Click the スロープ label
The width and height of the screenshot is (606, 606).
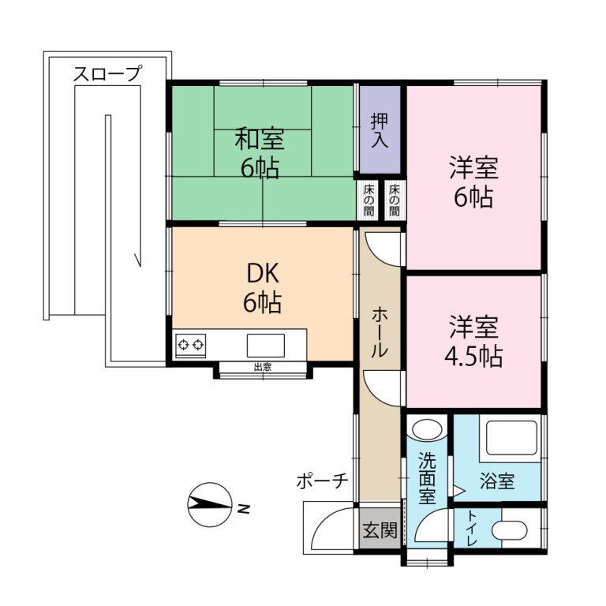coord(107,74)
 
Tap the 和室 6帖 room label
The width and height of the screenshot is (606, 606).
coord(260,153)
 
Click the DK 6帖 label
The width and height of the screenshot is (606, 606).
coord(260,287)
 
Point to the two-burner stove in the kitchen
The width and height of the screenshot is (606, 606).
coord(190,345)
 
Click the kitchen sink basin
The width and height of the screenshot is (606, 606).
coord(265,346)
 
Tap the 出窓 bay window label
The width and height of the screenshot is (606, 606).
coord(263,367)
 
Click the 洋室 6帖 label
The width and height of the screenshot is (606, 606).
coord(473,182)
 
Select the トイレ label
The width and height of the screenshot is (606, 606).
coord(472,529)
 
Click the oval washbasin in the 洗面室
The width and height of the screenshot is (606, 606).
coord(428,431)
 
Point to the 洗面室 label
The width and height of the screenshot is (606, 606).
coord(427,478)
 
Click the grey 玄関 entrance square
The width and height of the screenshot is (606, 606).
coord(380,530)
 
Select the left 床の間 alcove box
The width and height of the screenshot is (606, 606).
coord(368,200)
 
